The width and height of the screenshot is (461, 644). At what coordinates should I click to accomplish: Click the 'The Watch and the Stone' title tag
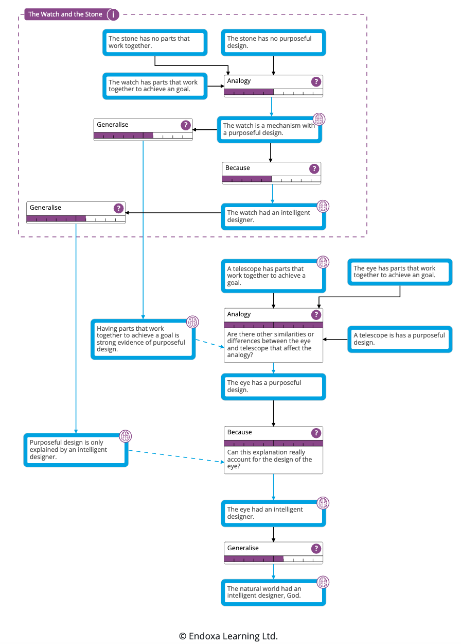click(65, 14)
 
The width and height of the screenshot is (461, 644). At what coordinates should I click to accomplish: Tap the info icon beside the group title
click(113, 15)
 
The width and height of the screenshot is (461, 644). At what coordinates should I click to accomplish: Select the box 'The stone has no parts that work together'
click(155, 42)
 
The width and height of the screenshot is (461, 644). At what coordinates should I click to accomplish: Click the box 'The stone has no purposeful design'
click(273, 42)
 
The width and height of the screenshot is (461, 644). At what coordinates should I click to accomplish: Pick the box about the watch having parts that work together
click(155, 86)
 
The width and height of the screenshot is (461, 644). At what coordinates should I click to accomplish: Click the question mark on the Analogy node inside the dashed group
click(316, 81)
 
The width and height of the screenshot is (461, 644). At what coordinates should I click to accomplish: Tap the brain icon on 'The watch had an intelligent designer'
click(323, 207)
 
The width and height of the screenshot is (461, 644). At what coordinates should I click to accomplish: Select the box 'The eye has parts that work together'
click(400, 272)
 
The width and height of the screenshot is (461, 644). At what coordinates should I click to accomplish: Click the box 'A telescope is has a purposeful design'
click(400, 339)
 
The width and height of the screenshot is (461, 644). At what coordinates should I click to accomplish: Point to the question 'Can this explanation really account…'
click(273, 460)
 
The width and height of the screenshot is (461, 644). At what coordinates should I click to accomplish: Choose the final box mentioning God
click(273, 592)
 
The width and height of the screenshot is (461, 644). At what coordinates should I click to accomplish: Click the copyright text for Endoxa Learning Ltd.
click(228, 636)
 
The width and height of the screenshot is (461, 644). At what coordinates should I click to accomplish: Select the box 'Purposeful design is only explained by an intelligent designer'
click(76, 450)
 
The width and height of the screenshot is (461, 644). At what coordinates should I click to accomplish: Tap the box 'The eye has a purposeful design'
click(273, 386)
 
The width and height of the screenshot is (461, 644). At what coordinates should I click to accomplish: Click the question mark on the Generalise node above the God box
click(316, 548)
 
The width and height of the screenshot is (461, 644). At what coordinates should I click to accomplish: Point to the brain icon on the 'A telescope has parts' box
click(323, 262)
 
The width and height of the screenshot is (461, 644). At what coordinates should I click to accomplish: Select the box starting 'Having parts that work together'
click(143, 339)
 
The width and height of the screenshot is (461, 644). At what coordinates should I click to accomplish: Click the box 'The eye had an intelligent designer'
click(273, 513)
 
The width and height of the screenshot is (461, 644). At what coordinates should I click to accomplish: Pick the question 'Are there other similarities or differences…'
click(273, 345)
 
